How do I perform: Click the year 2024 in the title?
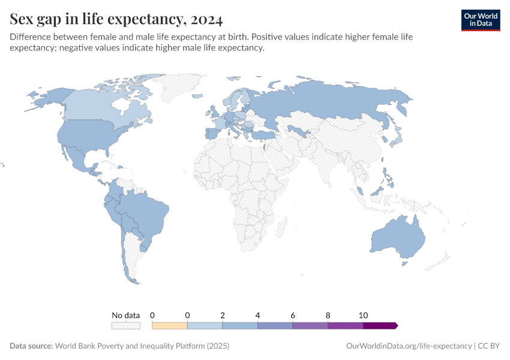point(205,20)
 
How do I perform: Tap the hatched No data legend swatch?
point(125,325)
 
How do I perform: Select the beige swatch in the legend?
point(170,325)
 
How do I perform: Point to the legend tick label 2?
point(223,315)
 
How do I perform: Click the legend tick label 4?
point(257,315)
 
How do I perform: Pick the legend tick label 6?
point(293,315)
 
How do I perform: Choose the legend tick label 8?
point(328,315)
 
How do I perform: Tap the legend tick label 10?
point(362,315)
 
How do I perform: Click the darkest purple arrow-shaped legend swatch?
point(380,325)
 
